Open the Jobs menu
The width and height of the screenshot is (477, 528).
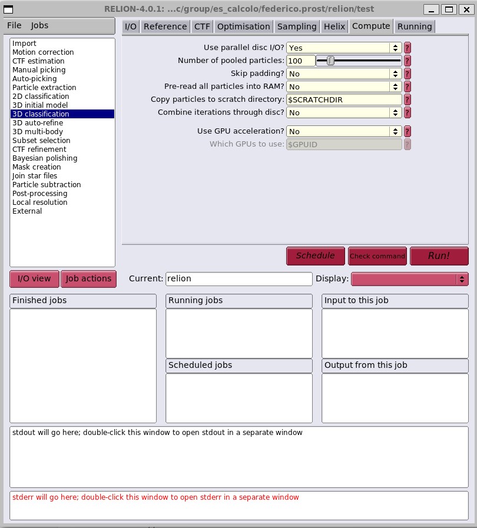coord(39,26)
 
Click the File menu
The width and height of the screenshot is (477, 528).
coord(14,26)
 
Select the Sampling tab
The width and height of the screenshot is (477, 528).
coord(297,26)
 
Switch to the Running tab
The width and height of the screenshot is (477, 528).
coord(415,26)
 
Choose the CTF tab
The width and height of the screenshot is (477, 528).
coord(202,26)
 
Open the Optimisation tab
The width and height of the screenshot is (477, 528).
coord(243,26)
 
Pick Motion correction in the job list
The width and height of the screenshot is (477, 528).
coord(43,52)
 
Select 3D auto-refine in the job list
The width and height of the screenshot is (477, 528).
coord(38,123)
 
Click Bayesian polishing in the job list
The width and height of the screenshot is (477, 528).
coord(45,158)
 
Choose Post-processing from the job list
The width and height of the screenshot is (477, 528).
coord(40,194)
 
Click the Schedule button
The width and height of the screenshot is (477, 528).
coord(315,256)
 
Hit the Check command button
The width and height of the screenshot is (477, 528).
coord(377,256)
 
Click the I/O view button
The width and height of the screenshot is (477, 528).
coord(34,279)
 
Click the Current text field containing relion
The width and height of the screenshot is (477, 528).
coord(238,279)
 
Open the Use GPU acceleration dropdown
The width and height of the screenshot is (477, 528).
coord(344,132)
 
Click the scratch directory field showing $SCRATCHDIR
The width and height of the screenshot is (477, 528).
coord(344,100)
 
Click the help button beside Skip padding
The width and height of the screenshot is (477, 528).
coord(407,74)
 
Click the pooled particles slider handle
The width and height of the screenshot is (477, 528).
coord(330,61)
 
